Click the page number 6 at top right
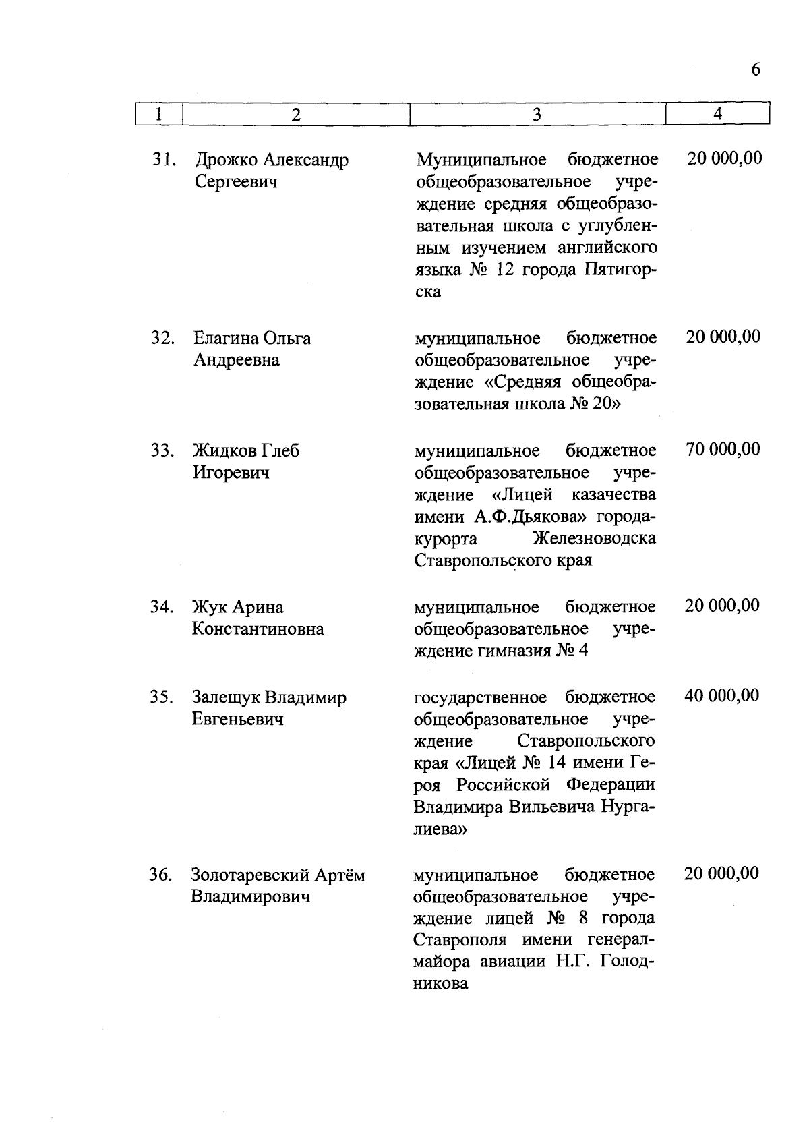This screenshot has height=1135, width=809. click(755, 70)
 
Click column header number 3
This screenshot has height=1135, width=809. click(537, 115)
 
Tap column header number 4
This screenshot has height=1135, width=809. click(717, 114)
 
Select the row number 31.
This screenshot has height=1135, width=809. click(164, 161)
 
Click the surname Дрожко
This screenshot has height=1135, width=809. click(226, 161)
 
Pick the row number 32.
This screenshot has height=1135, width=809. click(163, 338)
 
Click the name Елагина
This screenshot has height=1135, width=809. click(225, 338)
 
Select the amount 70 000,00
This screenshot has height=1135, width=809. click(723, 449)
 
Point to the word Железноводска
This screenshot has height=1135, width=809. click(594, 539)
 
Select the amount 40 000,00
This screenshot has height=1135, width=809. click(722, 695)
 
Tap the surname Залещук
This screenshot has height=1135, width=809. click(226, 697)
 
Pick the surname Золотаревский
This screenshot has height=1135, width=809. click(250, 875)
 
